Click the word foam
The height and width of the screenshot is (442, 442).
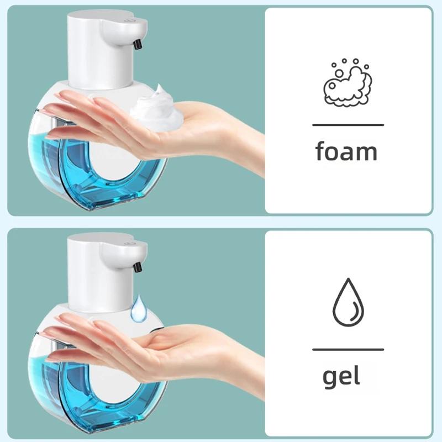[x=346, y=151]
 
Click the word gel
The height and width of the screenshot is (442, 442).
[x=341, y=377]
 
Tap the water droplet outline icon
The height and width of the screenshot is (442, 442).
[x=348, y=304]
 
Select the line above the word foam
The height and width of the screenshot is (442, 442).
[x=348, y=125]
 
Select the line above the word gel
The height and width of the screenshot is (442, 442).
[x=348, y=349]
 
